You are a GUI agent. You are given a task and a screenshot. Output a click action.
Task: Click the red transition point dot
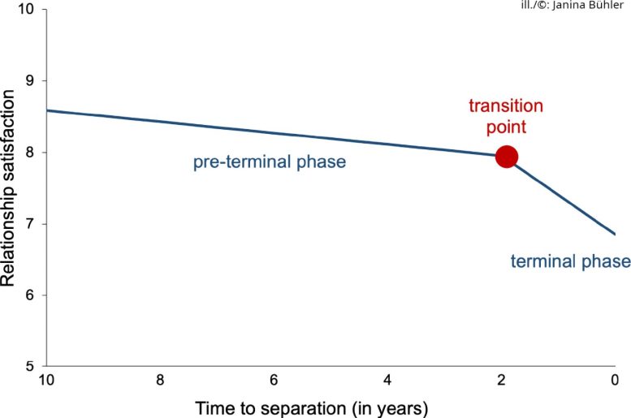506,157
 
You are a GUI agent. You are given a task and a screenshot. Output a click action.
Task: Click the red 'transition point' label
506,116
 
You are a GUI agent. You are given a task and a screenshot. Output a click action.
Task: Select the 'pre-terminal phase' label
270,162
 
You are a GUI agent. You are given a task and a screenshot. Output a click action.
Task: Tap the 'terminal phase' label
570,261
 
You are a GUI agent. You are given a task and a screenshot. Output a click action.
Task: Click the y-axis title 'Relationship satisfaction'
9,188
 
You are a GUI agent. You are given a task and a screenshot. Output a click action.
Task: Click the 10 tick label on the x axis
47,380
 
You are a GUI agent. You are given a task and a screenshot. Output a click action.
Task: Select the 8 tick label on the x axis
161,380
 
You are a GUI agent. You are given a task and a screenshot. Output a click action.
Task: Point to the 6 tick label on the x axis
274,380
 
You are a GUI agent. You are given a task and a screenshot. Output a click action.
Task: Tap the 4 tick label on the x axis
387,380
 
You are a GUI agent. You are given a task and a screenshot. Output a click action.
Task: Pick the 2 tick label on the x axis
501,380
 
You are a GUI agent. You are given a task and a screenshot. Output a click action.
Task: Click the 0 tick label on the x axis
614,380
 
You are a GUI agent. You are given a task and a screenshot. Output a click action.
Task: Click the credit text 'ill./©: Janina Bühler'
573,6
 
